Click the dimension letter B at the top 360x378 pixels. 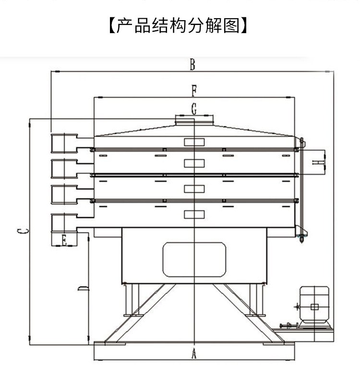tap(192, 64)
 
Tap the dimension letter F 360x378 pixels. tap(193, 90)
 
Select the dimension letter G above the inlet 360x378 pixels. tap(194, 109)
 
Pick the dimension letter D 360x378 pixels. tap(83, 288)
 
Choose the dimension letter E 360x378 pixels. tap(64, 240)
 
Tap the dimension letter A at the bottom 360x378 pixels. tap(194, 354)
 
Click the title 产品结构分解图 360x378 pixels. tap(178, 25)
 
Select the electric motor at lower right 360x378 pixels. tap(314, 305)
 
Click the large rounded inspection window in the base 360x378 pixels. tap(194, 259)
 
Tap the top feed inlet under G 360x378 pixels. tap(194, 120)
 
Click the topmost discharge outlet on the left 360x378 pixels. tap(64, 143)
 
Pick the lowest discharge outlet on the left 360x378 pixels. tap(64, 222)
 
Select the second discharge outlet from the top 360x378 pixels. tap(64, 169)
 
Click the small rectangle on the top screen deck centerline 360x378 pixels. tap(194, 142)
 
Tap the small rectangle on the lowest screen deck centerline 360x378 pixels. tap(194, 214)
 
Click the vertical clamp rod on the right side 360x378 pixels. tap(301, 190)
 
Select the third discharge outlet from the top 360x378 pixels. tap(64, 194)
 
